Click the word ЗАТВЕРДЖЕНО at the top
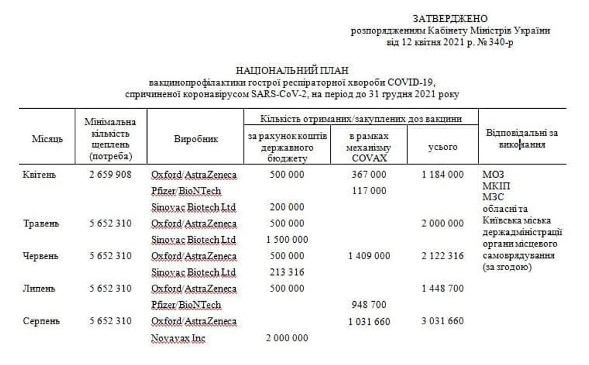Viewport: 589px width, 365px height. pyautogui.click(x=450, y=19)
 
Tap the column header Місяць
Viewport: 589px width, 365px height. pyautogui.click(x=47, y=139)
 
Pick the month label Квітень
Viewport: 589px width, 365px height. pyautogui.click(x=39, y=175)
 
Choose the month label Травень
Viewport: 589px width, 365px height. pyautogui.click(x=41, y=223)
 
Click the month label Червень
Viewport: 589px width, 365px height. pyautogui.click(x=41, y=256)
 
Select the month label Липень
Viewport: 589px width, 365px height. pyautogui.click(x=39, y=288)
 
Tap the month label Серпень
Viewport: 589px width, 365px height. pyautogui.click(x=41, y=321)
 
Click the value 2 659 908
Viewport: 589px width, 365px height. pyautogui.click(x=110, y=175)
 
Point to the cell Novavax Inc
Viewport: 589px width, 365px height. pyautogui.click(x=178, y=338)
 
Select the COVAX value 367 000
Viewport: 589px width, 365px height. pyautogui.click(x=369, y=175)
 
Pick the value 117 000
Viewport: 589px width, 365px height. pyautogui.click(x=369, y=191)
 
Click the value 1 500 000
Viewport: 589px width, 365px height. pyautogui.click(x=287, y=240)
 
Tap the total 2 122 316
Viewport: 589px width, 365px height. pyautogui.click(x=442, y=256)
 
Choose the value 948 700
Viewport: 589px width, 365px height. pyautogui.click(x=369, y=305)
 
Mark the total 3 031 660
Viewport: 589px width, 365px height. pyautogui.click(x=442, y=321)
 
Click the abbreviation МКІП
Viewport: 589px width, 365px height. pyautogui.click(x=492, y=186)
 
